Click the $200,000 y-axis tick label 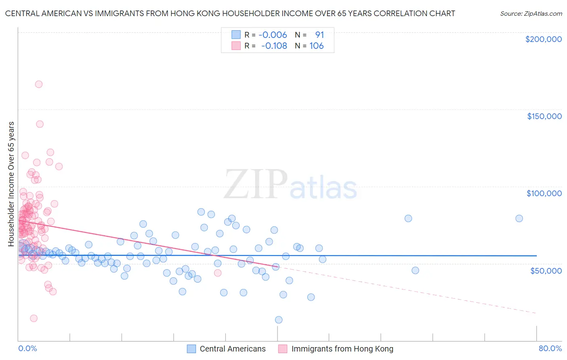click(543, 39)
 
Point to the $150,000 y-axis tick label click(544, 116)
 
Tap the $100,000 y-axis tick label click(544, 193)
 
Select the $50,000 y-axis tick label click(546, 270)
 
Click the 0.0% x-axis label click(27, 348)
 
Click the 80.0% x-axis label click(550, 348)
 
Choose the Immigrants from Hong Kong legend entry click(336, 349)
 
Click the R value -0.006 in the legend click(273, 35)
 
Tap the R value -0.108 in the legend click(274, 46)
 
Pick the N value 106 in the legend click(317, 46)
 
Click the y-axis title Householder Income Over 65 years click(11, 184)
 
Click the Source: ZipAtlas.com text click(531, 14)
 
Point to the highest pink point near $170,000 click(39, 84)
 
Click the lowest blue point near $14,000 click(279, 320)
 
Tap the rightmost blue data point click(519, 218)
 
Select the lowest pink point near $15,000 click(34, 318)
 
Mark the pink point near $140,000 click(40, 124)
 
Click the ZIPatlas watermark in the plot click(290, 185)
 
